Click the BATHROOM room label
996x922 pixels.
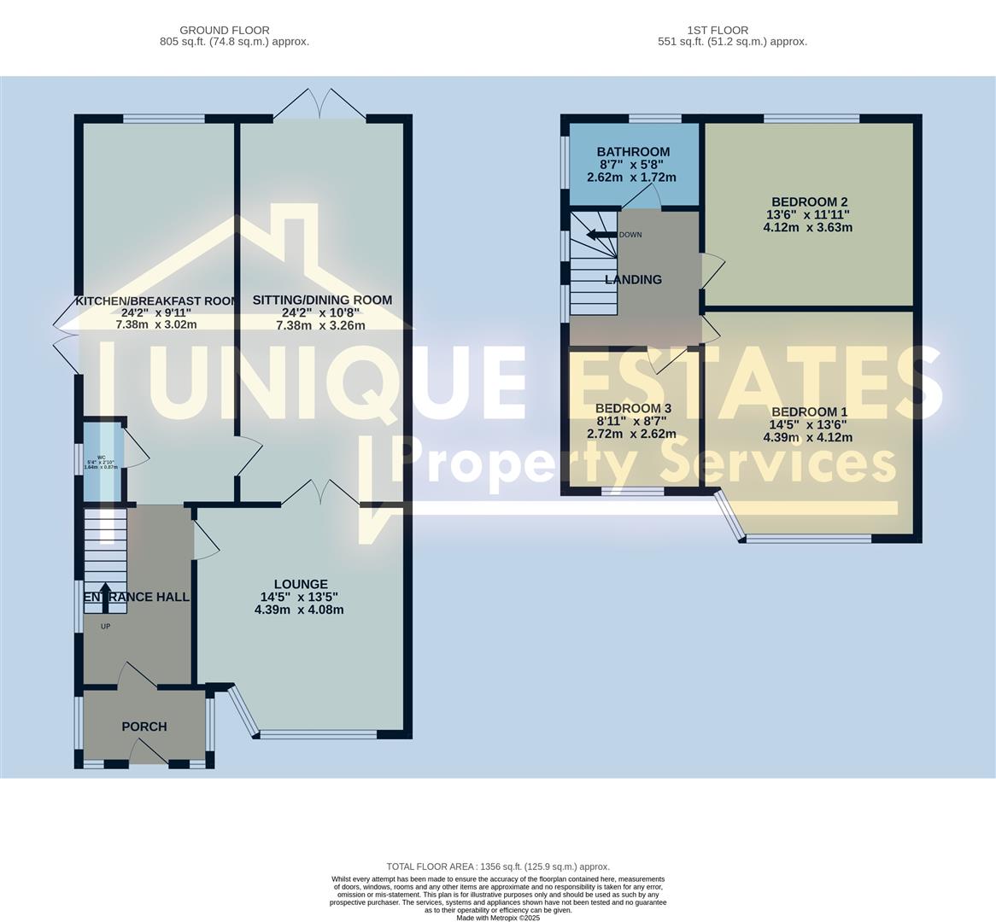[x=633, y=152]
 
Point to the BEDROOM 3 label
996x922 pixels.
[x=628, y=408]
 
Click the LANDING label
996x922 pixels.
[x=633, y=280]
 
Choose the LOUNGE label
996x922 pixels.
[x=300, y=585]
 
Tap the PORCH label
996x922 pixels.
[x=144, y=727]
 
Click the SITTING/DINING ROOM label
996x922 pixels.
[x=322, y=300]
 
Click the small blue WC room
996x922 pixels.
[x=101, y=461]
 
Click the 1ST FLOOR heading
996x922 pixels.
[x=715, y=30]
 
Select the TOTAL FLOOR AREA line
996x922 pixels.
[x=498, y=867]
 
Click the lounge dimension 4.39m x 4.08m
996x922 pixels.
[x=299, y=610]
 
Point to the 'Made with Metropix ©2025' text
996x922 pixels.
[x=498, y=918]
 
